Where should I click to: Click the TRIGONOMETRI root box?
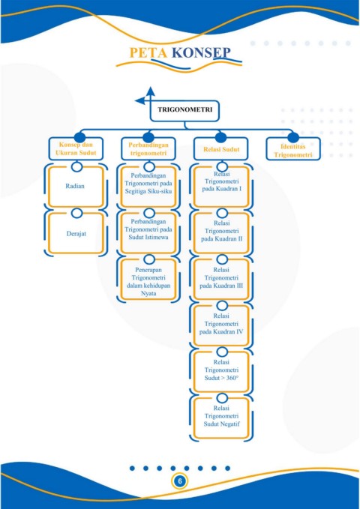click(x=184, y=111)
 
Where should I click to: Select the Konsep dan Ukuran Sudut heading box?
click(x=76, y=148)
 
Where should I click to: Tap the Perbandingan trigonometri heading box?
click(x=148, y=148)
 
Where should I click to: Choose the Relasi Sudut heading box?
click(x=221, y=148)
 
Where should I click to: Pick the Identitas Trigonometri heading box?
click(x=293, y=148)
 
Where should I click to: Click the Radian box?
click(x=76, y=187)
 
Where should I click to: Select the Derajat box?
click(x=76, y=233)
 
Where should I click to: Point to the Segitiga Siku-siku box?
click(x=148, y=187)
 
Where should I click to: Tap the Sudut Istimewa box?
click(x=148, y=232)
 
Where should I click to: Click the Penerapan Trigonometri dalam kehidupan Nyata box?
click(x=148, y=279)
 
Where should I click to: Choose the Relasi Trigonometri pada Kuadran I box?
click(x=221, y=187)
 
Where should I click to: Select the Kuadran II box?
click(x=221, y=232)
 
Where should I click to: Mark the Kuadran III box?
click(x=221, y=279)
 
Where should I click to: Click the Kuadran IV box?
click(x=221, y=325)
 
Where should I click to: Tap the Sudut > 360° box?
click(x=221, y=371)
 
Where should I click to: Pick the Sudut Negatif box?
click(x=221, y=418)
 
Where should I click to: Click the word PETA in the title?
click(x=148, y=52)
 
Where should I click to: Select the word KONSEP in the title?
click(x=201, y=52)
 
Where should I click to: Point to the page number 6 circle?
click(x=180, y=481)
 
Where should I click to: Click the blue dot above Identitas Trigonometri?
click(x=293, y=137)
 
